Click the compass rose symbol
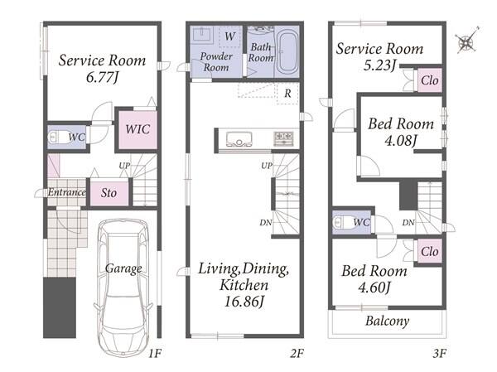(x=466, y=41)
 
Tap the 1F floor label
(x=155, y=353)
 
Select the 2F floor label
(x=297, y=353)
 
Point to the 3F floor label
(x=440, y=353)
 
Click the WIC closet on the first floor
(x=138, y=129)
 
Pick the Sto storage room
(x=109, y=193)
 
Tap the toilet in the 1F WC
(x=58, y=137)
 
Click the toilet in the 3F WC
(x=344, y=222)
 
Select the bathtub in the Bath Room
(x=287, y=51)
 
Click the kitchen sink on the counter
(x=239, y=139)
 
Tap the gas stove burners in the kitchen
(x=283, y=138)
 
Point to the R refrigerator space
(x=287, y=94)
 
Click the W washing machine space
(x=229, y=36)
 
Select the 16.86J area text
(x=244, y=302)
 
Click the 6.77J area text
(x=102, y=77)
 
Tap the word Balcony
(x=388, y=321)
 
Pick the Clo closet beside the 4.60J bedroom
(x=429, y=252)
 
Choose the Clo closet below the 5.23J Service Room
(x=429, y=80)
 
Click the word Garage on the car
(x=123, y=269)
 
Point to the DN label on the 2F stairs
(x=266, y=223)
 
